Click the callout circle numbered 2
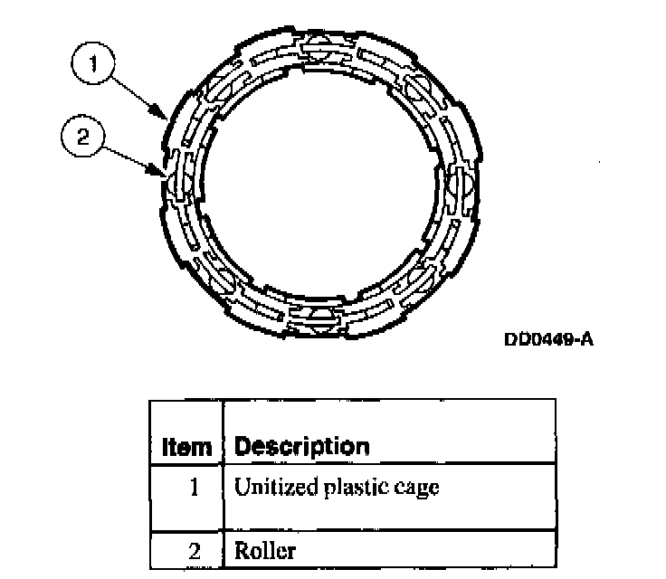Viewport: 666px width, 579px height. click(x=81, y=138)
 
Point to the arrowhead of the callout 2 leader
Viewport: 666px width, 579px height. click(x=163, y=173)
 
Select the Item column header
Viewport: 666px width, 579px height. click(x=186, y=447)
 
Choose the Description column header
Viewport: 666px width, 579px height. click(x=301, y=447)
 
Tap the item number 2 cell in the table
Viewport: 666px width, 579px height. click(x=194, y=549)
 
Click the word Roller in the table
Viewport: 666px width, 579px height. click(x=265, y=549)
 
